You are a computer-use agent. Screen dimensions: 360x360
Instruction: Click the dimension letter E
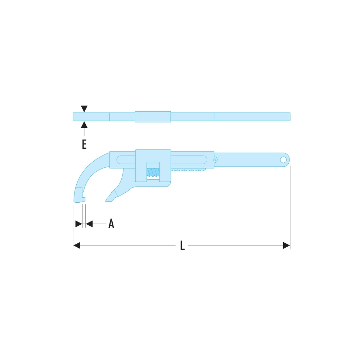pyautogui.click(x=84, y=144)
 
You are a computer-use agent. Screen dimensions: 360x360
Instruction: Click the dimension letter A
pyautogui.click(x=111, y=224)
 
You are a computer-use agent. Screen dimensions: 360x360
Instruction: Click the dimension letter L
pyautogui.click(x=182, y=245)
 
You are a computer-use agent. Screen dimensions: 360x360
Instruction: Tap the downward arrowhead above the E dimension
pyautogui.click(x=84, y=109)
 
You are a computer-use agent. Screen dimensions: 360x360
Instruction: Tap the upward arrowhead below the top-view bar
pyautogui.click(x=84, y=125)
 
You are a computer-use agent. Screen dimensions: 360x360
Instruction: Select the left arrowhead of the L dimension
pyautogui.click(x=77, y=246)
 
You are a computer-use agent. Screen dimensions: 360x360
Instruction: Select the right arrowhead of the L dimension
pyautogui.click(x=287, y=246)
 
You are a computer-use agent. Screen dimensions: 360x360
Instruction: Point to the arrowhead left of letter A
pyautogui.click(x=89, y=224)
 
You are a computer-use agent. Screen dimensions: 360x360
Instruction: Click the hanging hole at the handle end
pyautogui.click(x=283, y=159)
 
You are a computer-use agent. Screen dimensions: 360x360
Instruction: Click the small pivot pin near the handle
pyautogui.click(x=215, y=160)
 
